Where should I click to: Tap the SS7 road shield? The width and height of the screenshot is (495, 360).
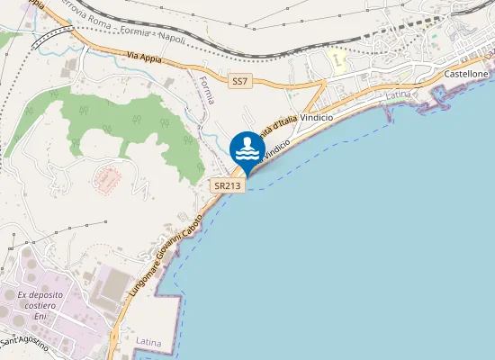(x=238, y=82)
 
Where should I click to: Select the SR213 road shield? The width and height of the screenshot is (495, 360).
(x=225, y=184)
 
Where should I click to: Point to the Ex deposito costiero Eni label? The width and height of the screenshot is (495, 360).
(x=38, y=301)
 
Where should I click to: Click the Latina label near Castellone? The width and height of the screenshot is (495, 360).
(x=397, y=95)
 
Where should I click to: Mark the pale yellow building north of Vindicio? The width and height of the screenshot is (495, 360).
(x=338, y=61)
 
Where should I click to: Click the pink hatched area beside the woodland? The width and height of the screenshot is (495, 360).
(x=108, y=177)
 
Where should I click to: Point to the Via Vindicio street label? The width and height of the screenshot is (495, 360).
(x=278, y=143)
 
